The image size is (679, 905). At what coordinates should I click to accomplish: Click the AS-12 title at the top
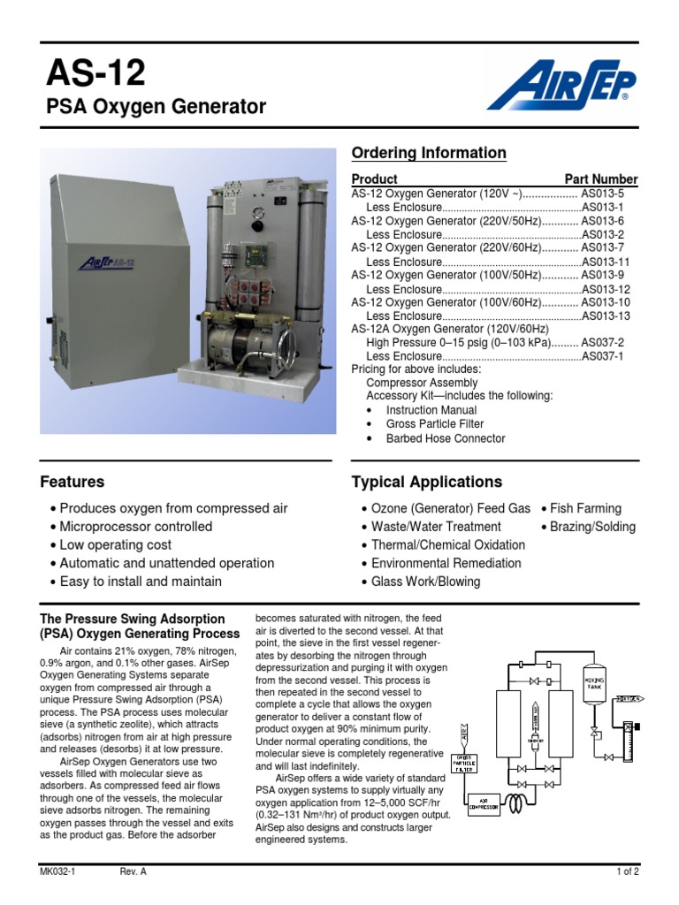pos(95,73)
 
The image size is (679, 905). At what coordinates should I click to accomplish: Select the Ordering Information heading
pos(429,153)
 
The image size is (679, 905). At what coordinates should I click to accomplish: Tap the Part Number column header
pos(601,179)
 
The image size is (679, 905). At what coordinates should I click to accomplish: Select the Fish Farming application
pos(585,508)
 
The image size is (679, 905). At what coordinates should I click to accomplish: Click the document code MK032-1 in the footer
pos(57,871)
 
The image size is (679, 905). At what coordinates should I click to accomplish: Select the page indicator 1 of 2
pos(627,871)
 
